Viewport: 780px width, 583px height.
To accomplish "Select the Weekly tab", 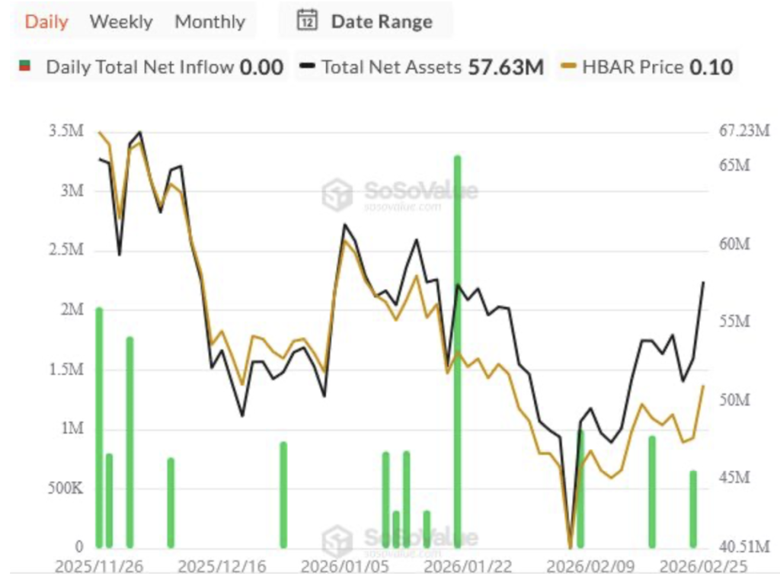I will coord(121,21).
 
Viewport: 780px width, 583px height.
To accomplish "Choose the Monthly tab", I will coord(209,21).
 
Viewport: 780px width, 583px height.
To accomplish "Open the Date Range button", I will coord(365,21).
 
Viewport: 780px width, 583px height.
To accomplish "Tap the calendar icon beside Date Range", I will coord(306,21).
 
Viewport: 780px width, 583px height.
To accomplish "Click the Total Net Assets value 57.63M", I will coord(506,67).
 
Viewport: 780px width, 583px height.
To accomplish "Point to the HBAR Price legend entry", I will coord(647,67).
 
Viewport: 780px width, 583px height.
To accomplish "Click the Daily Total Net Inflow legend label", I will coord(139,67).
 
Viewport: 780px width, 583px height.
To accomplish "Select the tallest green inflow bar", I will coord(458,351).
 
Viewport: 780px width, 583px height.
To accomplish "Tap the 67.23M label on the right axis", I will coord(745,131).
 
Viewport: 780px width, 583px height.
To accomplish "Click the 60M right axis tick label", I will coord(735,244).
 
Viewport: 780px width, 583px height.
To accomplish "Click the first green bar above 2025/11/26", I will coord(99,427).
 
